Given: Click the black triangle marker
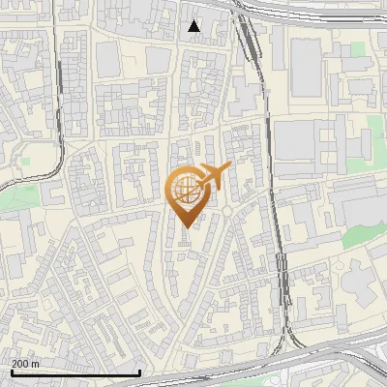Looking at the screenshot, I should pyautogui.click(x=194, y=26).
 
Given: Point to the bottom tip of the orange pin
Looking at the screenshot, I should pyautogui.click(x=186, y=227).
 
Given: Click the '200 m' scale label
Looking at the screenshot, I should pyautogui.click(x=26, y=364).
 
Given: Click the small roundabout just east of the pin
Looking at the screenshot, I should pyautogui.click(x=226, y=210).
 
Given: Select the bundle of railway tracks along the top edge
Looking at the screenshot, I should pyautogui.click(x=310, y=10).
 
